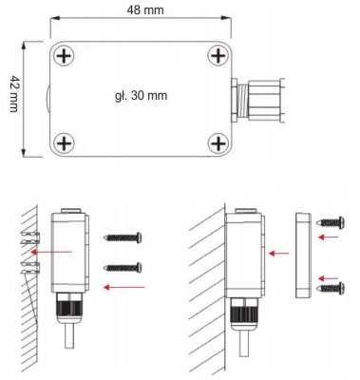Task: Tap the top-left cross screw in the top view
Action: (64, 57)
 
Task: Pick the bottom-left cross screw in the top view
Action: (64, 143)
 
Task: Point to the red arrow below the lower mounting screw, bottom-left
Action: (123, 285)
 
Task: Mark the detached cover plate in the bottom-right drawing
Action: (302, 254)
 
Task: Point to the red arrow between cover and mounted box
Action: (279, 254)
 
